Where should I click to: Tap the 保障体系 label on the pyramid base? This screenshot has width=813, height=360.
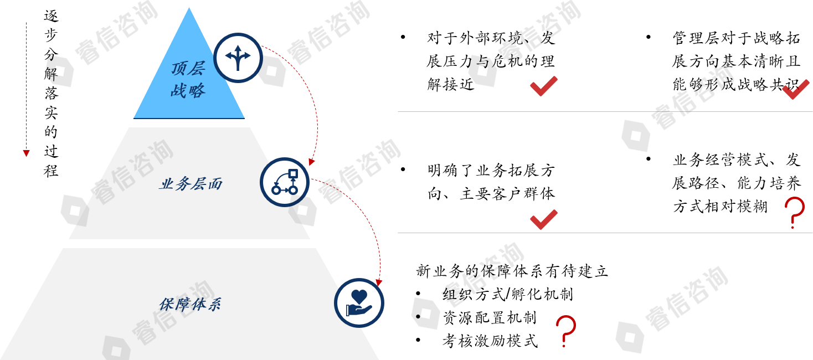point(190,304)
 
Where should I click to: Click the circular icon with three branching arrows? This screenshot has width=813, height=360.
point(238,58)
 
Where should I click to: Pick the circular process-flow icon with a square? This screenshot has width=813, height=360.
point(285,182)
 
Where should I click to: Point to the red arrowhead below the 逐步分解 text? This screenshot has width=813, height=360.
point(26,153)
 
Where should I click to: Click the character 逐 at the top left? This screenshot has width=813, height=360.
point(51,16)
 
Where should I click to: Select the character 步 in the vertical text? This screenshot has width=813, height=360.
point(51,35)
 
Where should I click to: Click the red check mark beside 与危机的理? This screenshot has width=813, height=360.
point(543,86)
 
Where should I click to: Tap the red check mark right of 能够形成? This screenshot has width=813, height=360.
point(795,89)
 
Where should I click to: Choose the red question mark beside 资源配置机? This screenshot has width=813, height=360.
point(565,330)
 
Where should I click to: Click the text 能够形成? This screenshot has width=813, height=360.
point(703,85)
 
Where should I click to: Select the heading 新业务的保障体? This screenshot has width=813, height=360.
point(470,271)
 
